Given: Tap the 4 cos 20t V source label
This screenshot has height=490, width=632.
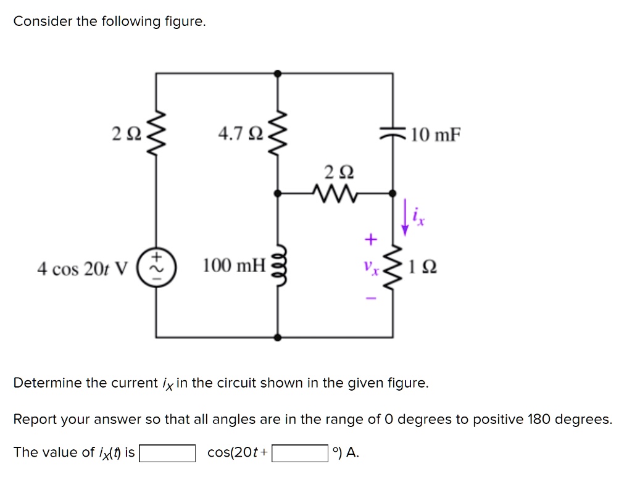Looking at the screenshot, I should pyautogui.click(x=82, y=269).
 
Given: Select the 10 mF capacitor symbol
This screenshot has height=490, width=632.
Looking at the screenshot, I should pyautogui.click(x=393, y=134).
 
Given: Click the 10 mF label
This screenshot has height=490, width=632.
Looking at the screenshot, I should pyautogui.click(x=436, y=135).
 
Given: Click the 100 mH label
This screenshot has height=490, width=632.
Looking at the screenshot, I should pyautogui.click(x=234, y=267).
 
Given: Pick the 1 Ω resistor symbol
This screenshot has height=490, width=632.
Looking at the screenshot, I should pyautogui.click(x=393, y=267).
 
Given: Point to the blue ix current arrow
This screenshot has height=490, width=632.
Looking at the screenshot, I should pyautogui.click(x=405, y=217).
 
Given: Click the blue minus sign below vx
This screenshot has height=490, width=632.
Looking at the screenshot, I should pyautogui.click(x=370, y=298).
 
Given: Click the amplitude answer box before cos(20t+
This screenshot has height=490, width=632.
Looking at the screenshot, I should pyautogui.click(x=167, y=453).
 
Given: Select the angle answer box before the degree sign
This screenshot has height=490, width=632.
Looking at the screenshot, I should pyautogui.click(x=300, y=453).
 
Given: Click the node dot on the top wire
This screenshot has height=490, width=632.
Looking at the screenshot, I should pyautogui.click(x=278, y=73).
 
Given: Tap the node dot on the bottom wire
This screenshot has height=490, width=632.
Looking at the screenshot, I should pyautogui.click(x=278, y=338).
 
